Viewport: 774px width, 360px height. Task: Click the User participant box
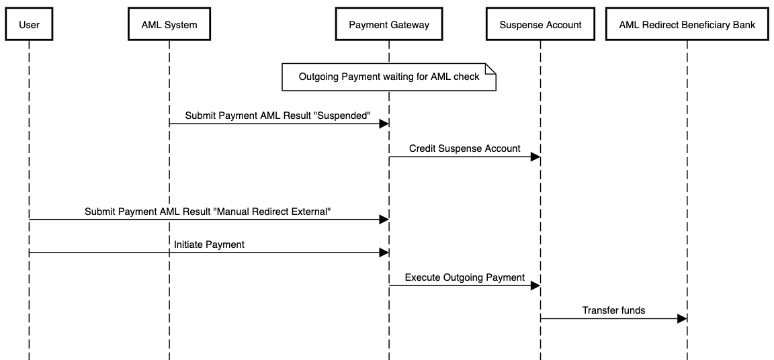30,25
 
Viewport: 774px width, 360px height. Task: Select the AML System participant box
169,25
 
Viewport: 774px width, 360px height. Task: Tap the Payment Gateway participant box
388,25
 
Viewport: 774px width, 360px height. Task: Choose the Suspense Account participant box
540,25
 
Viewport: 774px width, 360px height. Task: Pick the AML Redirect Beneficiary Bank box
687,25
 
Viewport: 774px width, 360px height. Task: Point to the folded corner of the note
490,69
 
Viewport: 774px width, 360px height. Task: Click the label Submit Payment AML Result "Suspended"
278,116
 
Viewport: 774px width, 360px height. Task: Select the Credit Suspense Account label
464,148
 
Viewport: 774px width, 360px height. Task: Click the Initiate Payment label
209,244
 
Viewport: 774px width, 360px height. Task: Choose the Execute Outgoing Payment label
464,277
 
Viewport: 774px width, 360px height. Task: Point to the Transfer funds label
613,310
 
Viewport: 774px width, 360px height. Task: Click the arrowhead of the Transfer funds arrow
681,318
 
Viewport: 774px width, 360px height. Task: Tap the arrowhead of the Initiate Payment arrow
384,253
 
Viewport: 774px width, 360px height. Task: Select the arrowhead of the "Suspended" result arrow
384,124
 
